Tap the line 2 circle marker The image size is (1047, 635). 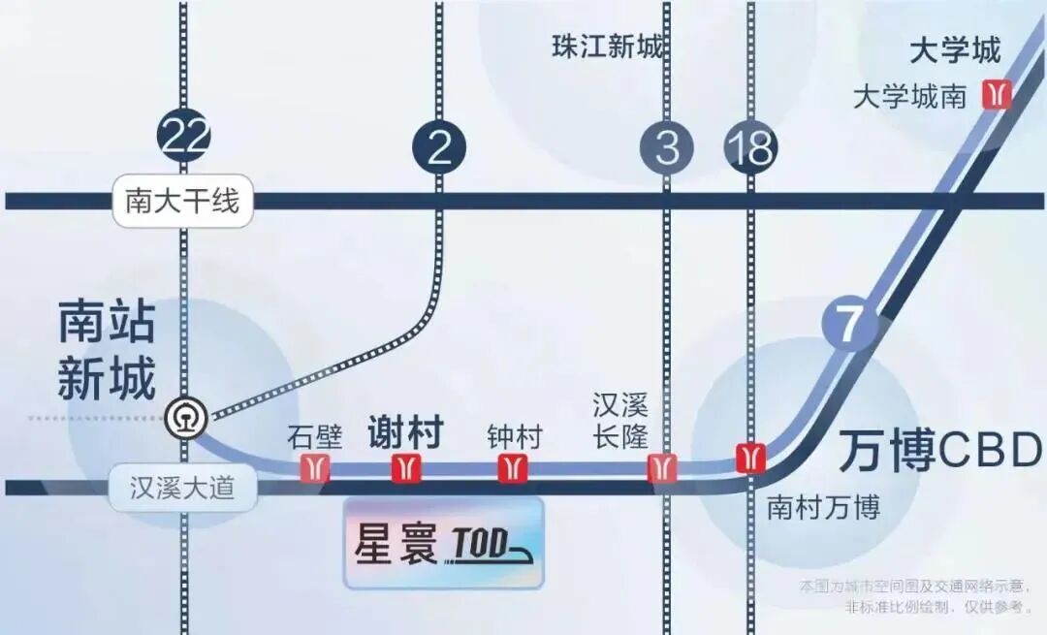[439, 148]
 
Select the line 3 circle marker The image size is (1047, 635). [667, 148]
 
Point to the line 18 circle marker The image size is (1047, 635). [751, 148]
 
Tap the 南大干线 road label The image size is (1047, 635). [182, 201]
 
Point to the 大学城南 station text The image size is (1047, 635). [909, 97]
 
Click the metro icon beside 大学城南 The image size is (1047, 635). [996, 94]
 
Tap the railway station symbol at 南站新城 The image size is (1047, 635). [184, 418]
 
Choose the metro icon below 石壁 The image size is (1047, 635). [315, 468]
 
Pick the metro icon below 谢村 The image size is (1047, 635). [406, 468]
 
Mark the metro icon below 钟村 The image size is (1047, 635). [512, 468]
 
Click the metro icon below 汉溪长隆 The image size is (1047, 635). [662, 468]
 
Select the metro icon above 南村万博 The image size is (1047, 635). [750, 456]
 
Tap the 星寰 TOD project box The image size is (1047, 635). [444, 544]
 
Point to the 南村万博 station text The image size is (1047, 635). [823, 507]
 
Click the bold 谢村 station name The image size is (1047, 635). [405, 432]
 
